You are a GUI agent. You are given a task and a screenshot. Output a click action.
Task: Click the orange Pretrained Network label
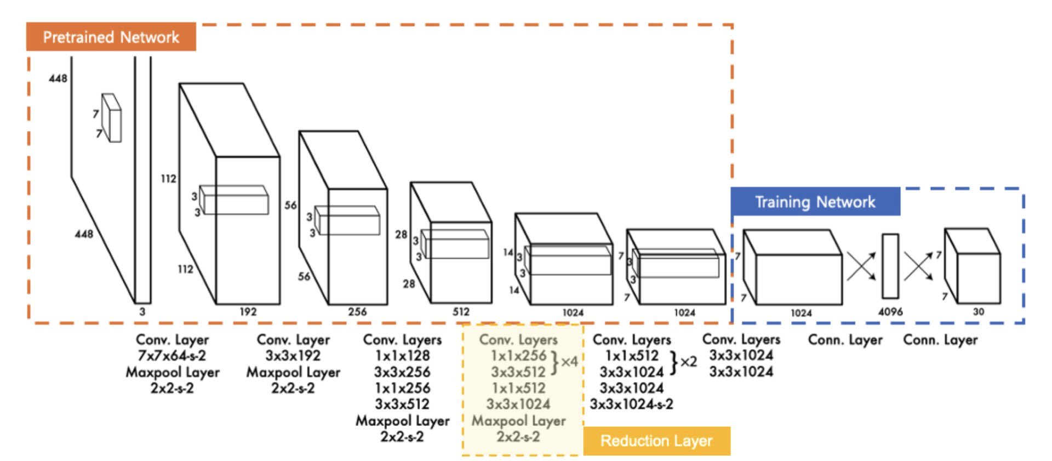click(x=111, y=37)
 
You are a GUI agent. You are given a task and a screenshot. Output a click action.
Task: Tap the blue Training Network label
click(x=815, y=202)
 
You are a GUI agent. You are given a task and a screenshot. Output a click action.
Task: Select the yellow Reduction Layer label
click(x=656, y=441)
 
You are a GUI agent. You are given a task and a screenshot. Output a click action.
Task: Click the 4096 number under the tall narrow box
click(x=890, y=312)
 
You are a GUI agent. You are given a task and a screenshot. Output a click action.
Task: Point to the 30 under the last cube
click(x=978, y=312)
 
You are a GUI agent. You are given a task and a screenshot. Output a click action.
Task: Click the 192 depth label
click(x=248, y=311)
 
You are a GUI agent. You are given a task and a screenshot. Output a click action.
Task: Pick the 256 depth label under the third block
click(x=357, y=311)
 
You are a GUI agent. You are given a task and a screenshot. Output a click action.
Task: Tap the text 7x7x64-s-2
click(x=172, y=356)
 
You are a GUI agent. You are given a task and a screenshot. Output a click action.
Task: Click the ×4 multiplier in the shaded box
click(x=569, y=362)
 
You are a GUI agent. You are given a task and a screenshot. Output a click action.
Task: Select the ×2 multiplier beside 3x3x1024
click(x=688, y=362)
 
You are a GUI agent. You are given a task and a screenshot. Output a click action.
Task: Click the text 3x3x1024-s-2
click(x=631, y=405)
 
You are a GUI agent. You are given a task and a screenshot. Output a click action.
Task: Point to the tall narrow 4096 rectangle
click(x=890, y=266)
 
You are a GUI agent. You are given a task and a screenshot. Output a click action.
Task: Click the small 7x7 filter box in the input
click(x=112, y=118)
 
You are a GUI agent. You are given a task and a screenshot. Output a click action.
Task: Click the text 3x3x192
click(x=293, y=356)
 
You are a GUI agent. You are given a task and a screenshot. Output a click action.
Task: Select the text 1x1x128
click(x=402, y=356)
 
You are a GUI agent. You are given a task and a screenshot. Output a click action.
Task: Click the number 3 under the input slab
click(x=142, y=311)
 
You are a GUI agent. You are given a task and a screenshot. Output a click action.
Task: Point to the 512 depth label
click(x=461, y=311)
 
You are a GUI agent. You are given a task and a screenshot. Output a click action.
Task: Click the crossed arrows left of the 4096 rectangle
click(x=861, y=266)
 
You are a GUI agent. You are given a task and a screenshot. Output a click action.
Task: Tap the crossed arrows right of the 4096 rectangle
click(x=918, y=266)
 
